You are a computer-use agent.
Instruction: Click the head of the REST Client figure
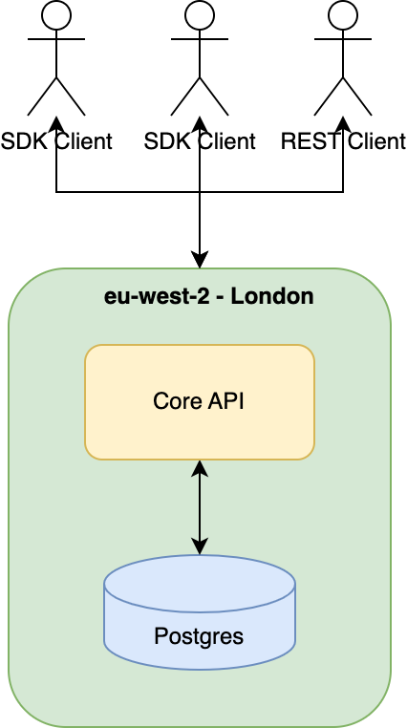coord(342,14)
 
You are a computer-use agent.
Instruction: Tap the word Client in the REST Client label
coord(375,141)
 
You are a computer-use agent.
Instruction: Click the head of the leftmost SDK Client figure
coord(56,14)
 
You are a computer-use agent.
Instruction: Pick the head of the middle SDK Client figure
coord(199,14)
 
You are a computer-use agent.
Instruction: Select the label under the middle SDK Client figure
coord(199,141)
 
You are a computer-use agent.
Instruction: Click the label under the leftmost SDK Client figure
coord(56,141)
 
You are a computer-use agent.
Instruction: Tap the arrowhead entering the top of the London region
coord(199,259)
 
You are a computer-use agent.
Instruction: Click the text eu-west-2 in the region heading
coord(146,296)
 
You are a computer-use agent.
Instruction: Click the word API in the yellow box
coord(225,401)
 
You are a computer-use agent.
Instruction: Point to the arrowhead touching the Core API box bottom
coord(199,468)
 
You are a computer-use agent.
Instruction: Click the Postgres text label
coord(199,635)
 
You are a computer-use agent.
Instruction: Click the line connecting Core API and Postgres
coord(199,506)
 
